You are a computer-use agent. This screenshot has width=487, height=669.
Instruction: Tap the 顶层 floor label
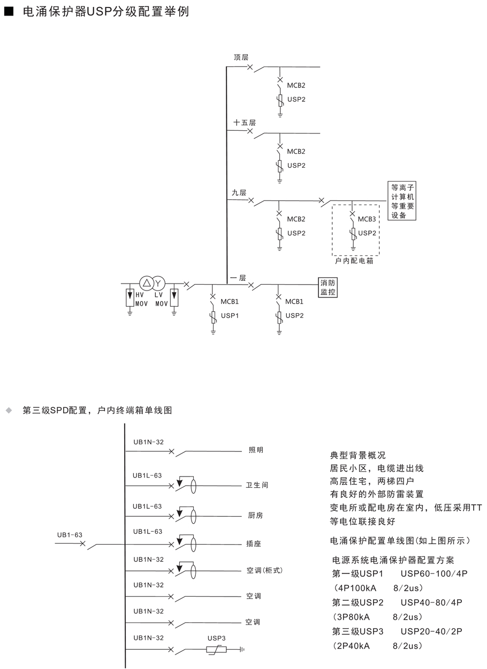(241, 57)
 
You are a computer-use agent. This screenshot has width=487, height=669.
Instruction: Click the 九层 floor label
(239, 192)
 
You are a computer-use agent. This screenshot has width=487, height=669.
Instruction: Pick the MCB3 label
(367, 219)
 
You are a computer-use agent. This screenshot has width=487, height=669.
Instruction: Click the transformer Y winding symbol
(158, 283)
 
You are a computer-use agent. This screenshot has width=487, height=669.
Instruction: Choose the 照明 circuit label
(256, 450)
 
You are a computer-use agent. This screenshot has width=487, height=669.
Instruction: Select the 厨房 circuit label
(256, 515)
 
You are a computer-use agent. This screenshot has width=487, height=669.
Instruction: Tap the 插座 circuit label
(254, 544)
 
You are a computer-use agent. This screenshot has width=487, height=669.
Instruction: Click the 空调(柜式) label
(264, 570)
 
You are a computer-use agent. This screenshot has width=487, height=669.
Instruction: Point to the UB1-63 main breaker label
(70, 534)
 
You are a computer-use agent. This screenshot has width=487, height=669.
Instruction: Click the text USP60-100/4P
(434, 574)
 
